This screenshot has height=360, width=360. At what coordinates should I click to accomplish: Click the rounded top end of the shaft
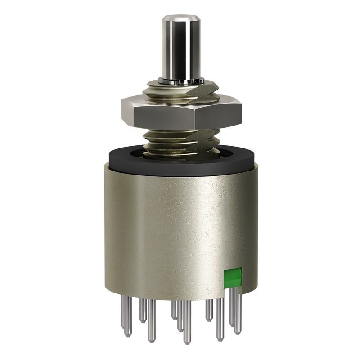coord(180,19)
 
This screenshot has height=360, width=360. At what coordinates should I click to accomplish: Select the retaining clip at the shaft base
coord(180,81)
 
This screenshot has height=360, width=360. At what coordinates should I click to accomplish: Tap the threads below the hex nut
coord(180,139)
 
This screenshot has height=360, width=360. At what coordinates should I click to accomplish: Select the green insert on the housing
coord(233,278)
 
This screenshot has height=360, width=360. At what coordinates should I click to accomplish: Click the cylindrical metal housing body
coord(180,225)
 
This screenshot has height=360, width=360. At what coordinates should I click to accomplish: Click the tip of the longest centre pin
coord(187,341)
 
